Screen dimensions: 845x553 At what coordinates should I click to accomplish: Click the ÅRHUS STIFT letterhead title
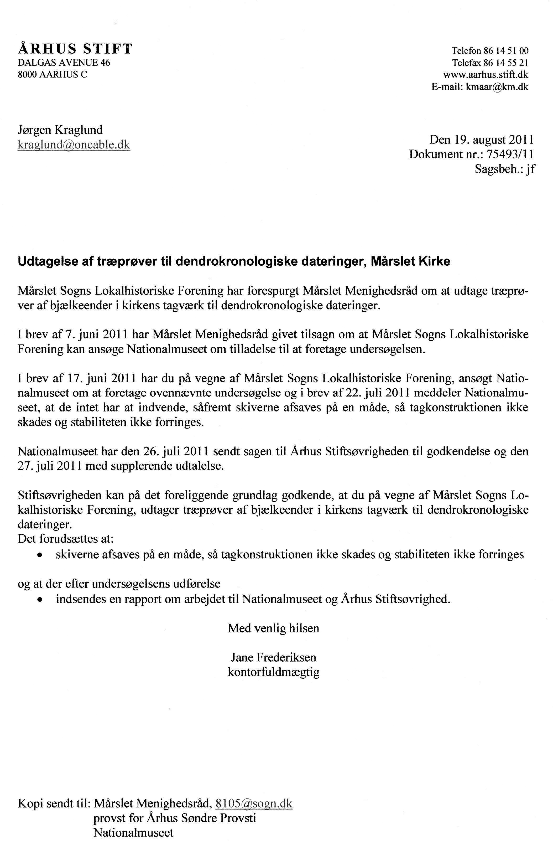coord(75,49)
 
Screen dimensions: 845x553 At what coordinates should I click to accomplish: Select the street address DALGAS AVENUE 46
coord(64,63)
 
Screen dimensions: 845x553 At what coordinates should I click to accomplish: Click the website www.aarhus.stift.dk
coord(485,75)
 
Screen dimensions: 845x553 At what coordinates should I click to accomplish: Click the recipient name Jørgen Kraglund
coord(60,130)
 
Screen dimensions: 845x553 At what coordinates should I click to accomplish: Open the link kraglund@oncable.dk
coord(74,145)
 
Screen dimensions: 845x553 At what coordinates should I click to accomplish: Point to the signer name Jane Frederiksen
coord(273,658)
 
